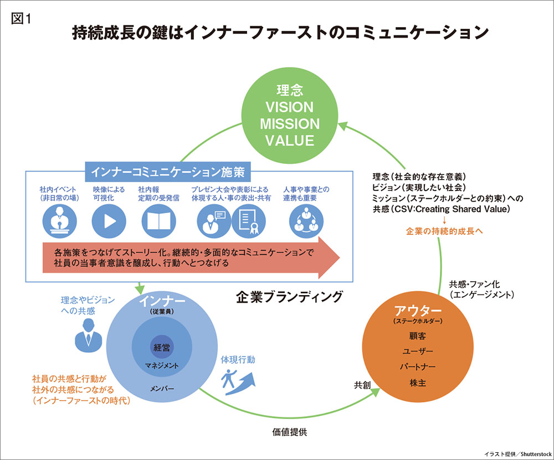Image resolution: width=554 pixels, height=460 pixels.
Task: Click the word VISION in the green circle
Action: tap(289, 107)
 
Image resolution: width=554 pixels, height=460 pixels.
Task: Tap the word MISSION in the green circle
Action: tap(289, 124)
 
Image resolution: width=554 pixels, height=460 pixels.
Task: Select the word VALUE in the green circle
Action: tap(289, 141)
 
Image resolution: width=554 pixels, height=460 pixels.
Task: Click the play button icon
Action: tap(109, 221)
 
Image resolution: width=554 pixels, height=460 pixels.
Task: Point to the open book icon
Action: tap(158, 221)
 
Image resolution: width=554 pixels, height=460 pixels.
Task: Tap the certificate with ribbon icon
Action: tap(248, 221)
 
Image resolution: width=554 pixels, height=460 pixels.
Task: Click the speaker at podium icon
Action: tap(59, 221)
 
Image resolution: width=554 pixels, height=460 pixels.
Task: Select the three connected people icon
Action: tap(306, 221)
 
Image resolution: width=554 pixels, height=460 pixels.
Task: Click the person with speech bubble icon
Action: tap(214, 221)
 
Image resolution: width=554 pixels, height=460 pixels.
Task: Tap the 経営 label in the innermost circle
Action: tap(162, 348)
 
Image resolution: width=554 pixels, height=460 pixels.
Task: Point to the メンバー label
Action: tap(162, 389)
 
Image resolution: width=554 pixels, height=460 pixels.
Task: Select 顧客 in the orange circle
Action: tap(418, 336)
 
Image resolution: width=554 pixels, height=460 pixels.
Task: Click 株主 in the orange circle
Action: tap(418, 383)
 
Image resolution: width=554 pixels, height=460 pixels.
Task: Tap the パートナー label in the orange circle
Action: tap(418, 367)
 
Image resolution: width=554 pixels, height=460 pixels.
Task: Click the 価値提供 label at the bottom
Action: tap(289, 432)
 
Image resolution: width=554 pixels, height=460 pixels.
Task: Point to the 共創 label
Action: tap(362, 385)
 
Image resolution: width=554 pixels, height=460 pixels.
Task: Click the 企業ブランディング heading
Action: tap(289, 297)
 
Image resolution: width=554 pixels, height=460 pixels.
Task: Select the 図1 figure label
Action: tap(21, 18)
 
